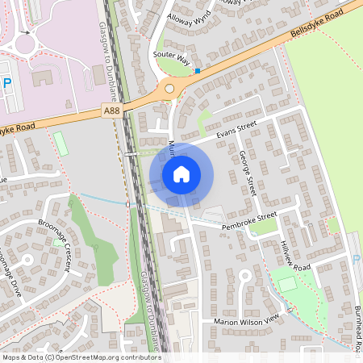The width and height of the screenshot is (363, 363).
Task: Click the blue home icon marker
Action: pos(181,173)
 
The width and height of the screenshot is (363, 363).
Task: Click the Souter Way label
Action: pos(170,60)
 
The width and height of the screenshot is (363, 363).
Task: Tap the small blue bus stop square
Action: pos(197,71)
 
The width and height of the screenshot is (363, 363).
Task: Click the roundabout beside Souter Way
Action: pos(169,89)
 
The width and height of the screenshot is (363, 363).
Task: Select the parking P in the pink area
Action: pos(6,82)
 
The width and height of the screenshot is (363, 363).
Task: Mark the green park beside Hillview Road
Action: pos(286,284)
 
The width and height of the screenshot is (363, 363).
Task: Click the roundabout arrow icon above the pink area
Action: pos(27,33)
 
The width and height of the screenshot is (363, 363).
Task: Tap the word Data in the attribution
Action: pos(34,357)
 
